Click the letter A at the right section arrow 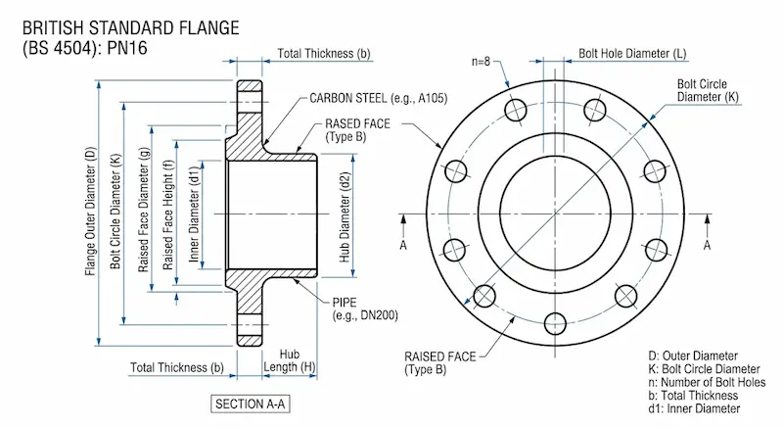point(707,247)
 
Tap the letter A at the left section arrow point(403,247)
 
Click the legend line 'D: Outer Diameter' point(692,355)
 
